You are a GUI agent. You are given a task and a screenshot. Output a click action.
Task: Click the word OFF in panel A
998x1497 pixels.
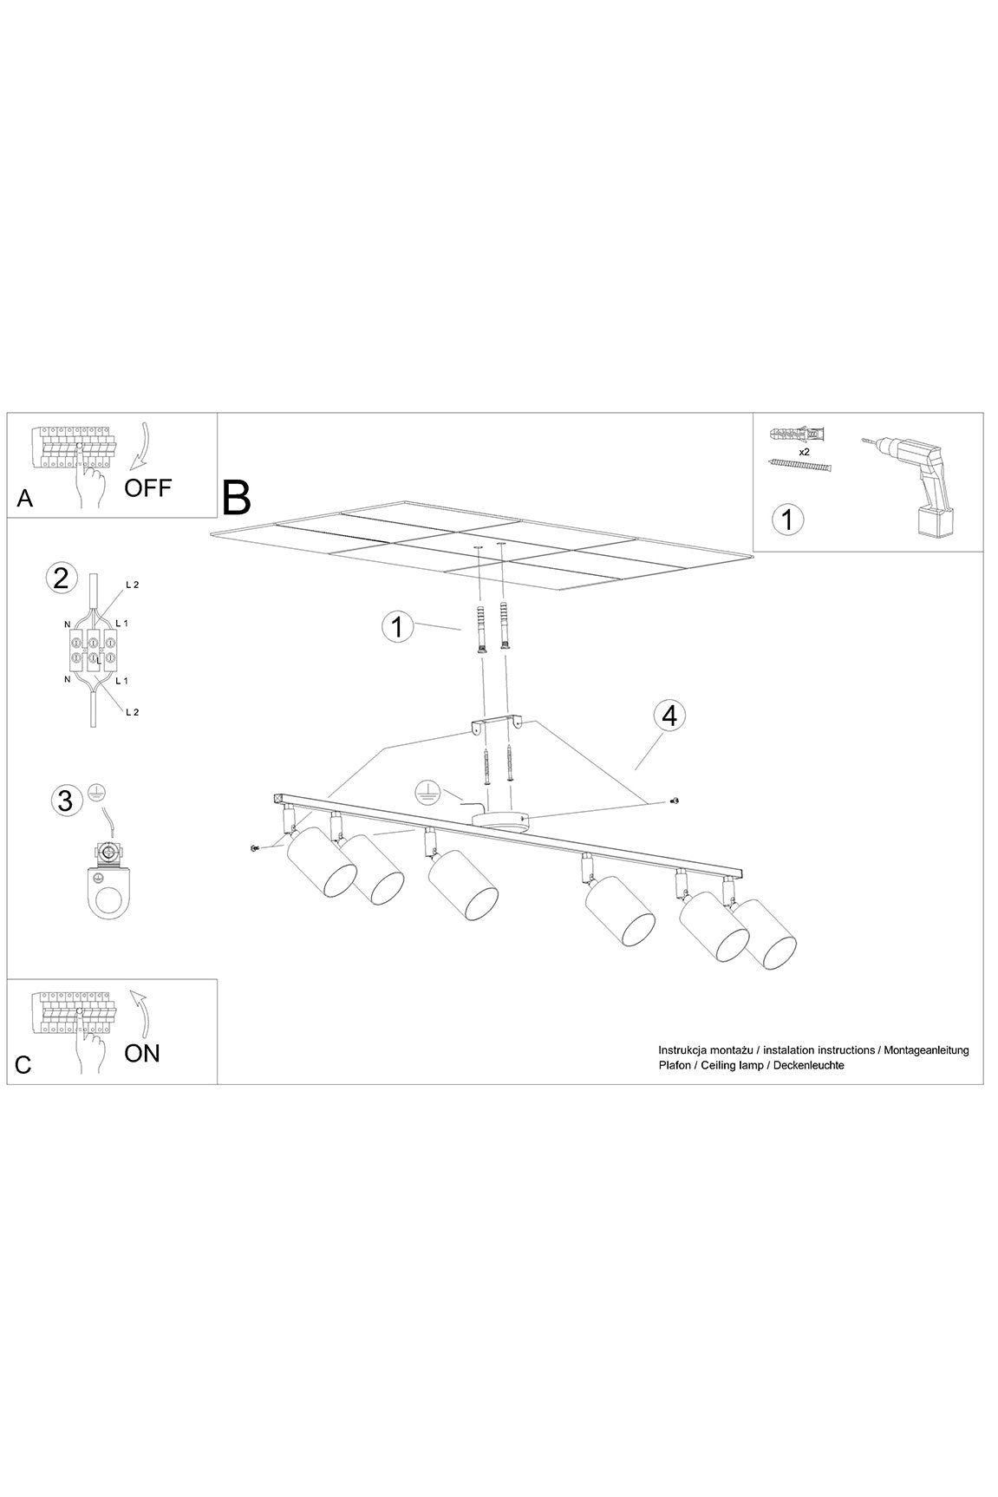[148, 487]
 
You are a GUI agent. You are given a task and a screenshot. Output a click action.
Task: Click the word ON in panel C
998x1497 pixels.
[142, 1053]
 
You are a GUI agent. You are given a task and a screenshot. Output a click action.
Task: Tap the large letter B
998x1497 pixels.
[236, 497]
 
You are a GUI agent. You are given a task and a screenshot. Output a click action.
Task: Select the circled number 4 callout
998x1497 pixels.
[669, 716]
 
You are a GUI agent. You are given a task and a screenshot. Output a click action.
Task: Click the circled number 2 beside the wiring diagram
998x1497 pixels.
[61, 579]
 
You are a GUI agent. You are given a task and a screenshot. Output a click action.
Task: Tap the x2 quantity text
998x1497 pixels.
[804, 452]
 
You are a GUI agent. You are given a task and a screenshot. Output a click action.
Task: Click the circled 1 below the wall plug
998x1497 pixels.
[787, 520]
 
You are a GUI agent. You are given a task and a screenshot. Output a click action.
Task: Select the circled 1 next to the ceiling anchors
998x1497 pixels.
[398, 626]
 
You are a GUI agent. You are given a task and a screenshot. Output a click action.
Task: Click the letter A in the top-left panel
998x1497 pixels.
[25, 499]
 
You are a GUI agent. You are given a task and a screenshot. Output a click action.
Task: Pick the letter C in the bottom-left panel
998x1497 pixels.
[23, 1064]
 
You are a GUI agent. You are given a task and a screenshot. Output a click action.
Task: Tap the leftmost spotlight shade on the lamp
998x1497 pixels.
[320, 863]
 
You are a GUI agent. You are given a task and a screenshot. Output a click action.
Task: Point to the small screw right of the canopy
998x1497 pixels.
[676, 800]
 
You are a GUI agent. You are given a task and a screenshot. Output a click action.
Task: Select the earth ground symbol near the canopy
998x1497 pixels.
[426, 788]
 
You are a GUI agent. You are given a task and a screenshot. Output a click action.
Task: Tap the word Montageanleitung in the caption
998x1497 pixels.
[925, 1050]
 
